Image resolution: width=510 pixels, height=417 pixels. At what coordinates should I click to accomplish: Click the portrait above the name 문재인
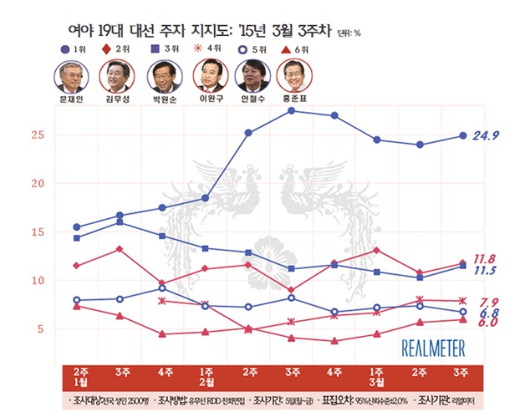coord(70,78)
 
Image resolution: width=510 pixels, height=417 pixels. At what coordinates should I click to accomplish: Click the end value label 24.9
coord(486,135)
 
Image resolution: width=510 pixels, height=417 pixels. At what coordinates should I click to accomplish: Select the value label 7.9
coord(488,301)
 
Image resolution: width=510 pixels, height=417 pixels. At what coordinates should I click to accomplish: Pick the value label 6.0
coord(488,322)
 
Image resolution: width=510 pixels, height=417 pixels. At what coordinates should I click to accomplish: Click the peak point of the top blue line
coord(292,109)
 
